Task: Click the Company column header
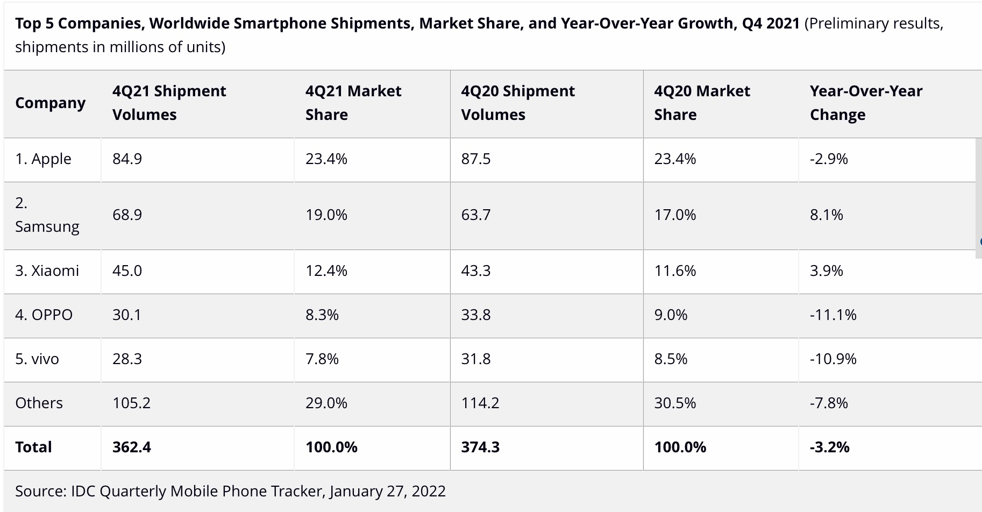51,103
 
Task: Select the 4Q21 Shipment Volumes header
169,103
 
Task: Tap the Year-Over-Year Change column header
866,103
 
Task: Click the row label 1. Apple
43,159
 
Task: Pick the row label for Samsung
47,215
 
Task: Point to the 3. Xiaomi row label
47,271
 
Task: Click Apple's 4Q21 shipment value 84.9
127,159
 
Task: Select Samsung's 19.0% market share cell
326,215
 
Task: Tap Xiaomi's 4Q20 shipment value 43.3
475,271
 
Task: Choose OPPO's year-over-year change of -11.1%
832,315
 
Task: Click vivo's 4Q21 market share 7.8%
322,359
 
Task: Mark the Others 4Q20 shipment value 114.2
480,403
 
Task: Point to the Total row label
33,447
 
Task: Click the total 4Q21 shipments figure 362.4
131,447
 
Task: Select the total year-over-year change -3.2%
829,447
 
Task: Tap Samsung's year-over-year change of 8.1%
826,215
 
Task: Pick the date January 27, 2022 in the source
387,491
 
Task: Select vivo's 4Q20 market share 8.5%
670,359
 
